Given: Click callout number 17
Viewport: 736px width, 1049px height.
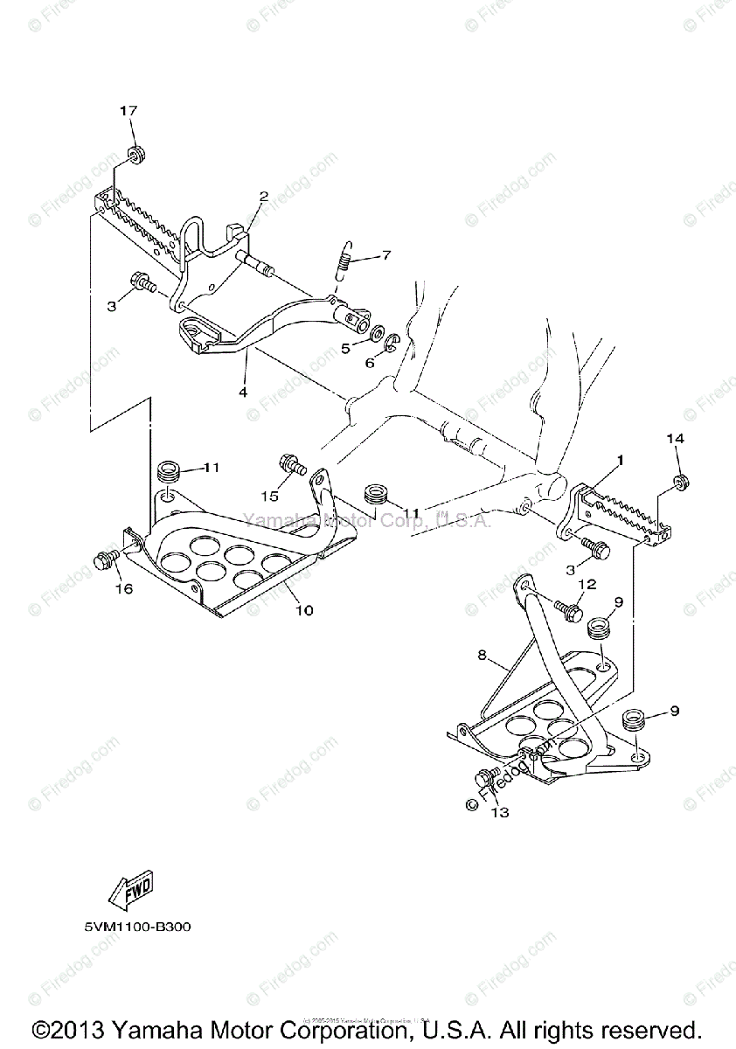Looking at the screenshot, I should point(128,110).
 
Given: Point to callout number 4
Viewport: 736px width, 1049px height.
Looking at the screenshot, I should point(243,393).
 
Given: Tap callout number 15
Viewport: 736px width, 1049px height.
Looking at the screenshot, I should point(270,496).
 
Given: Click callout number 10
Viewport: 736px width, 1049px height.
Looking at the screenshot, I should point(303,609).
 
